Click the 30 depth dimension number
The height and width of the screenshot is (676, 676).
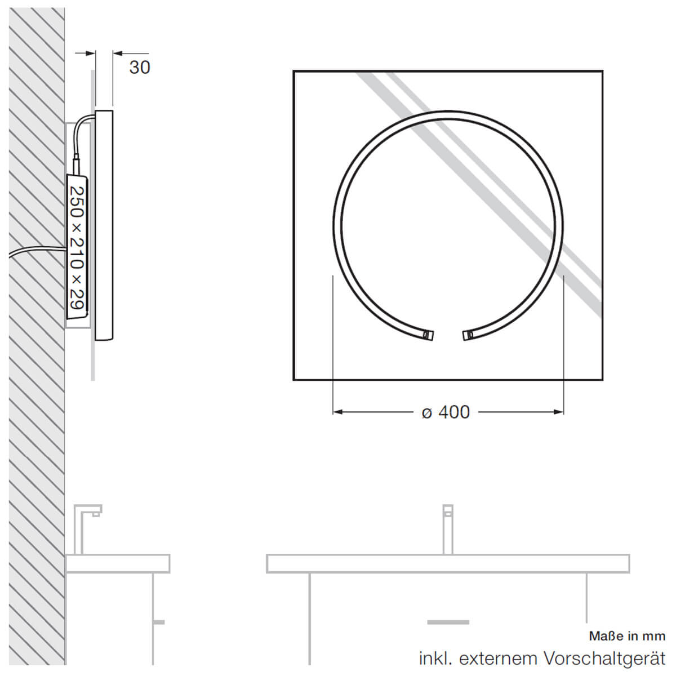pos(140,68)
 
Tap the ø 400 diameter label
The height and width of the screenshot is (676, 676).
pos(446,412)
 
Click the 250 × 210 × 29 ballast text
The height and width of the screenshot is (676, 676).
pos(77,248)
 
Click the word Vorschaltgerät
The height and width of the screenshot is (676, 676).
pos(604,659)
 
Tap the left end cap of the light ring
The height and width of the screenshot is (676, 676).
pos(429,335)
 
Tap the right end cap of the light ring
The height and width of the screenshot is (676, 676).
pos(468,335)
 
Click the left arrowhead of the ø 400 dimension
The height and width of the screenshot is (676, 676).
pos(338,412)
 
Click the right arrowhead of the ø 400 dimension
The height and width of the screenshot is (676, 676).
pos(559,412)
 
